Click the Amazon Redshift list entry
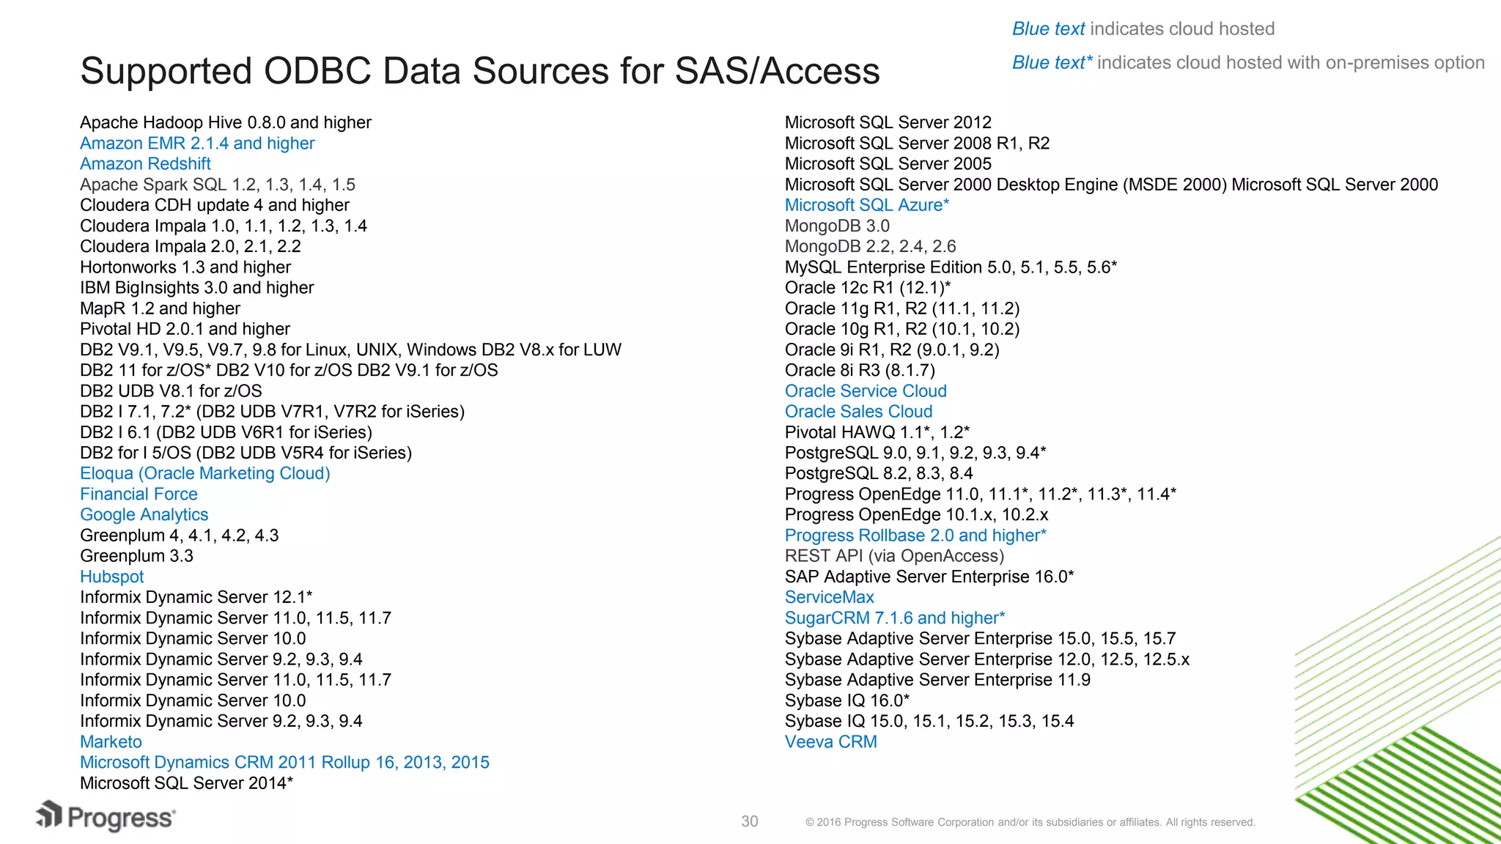145,164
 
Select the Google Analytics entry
144,515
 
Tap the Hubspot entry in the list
111,577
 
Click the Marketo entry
111,742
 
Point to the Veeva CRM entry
830,742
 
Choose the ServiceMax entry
829,598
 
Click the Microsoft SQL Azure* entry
866,206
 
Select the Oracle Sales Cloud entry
858,412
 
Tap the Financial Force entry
139,495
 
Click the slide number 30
749,822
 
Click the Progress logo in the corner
106,817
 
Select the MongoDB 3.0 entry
837,226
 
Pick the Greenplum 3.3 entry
136,556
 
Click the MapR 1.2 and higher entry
160,308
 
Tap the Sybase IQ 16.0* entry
847,701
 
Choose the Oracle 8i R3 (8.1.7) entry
860,371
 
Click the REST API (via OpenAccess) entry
894,556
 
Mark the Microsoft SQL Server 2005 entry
888,164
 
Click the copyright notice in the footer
1030,823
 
